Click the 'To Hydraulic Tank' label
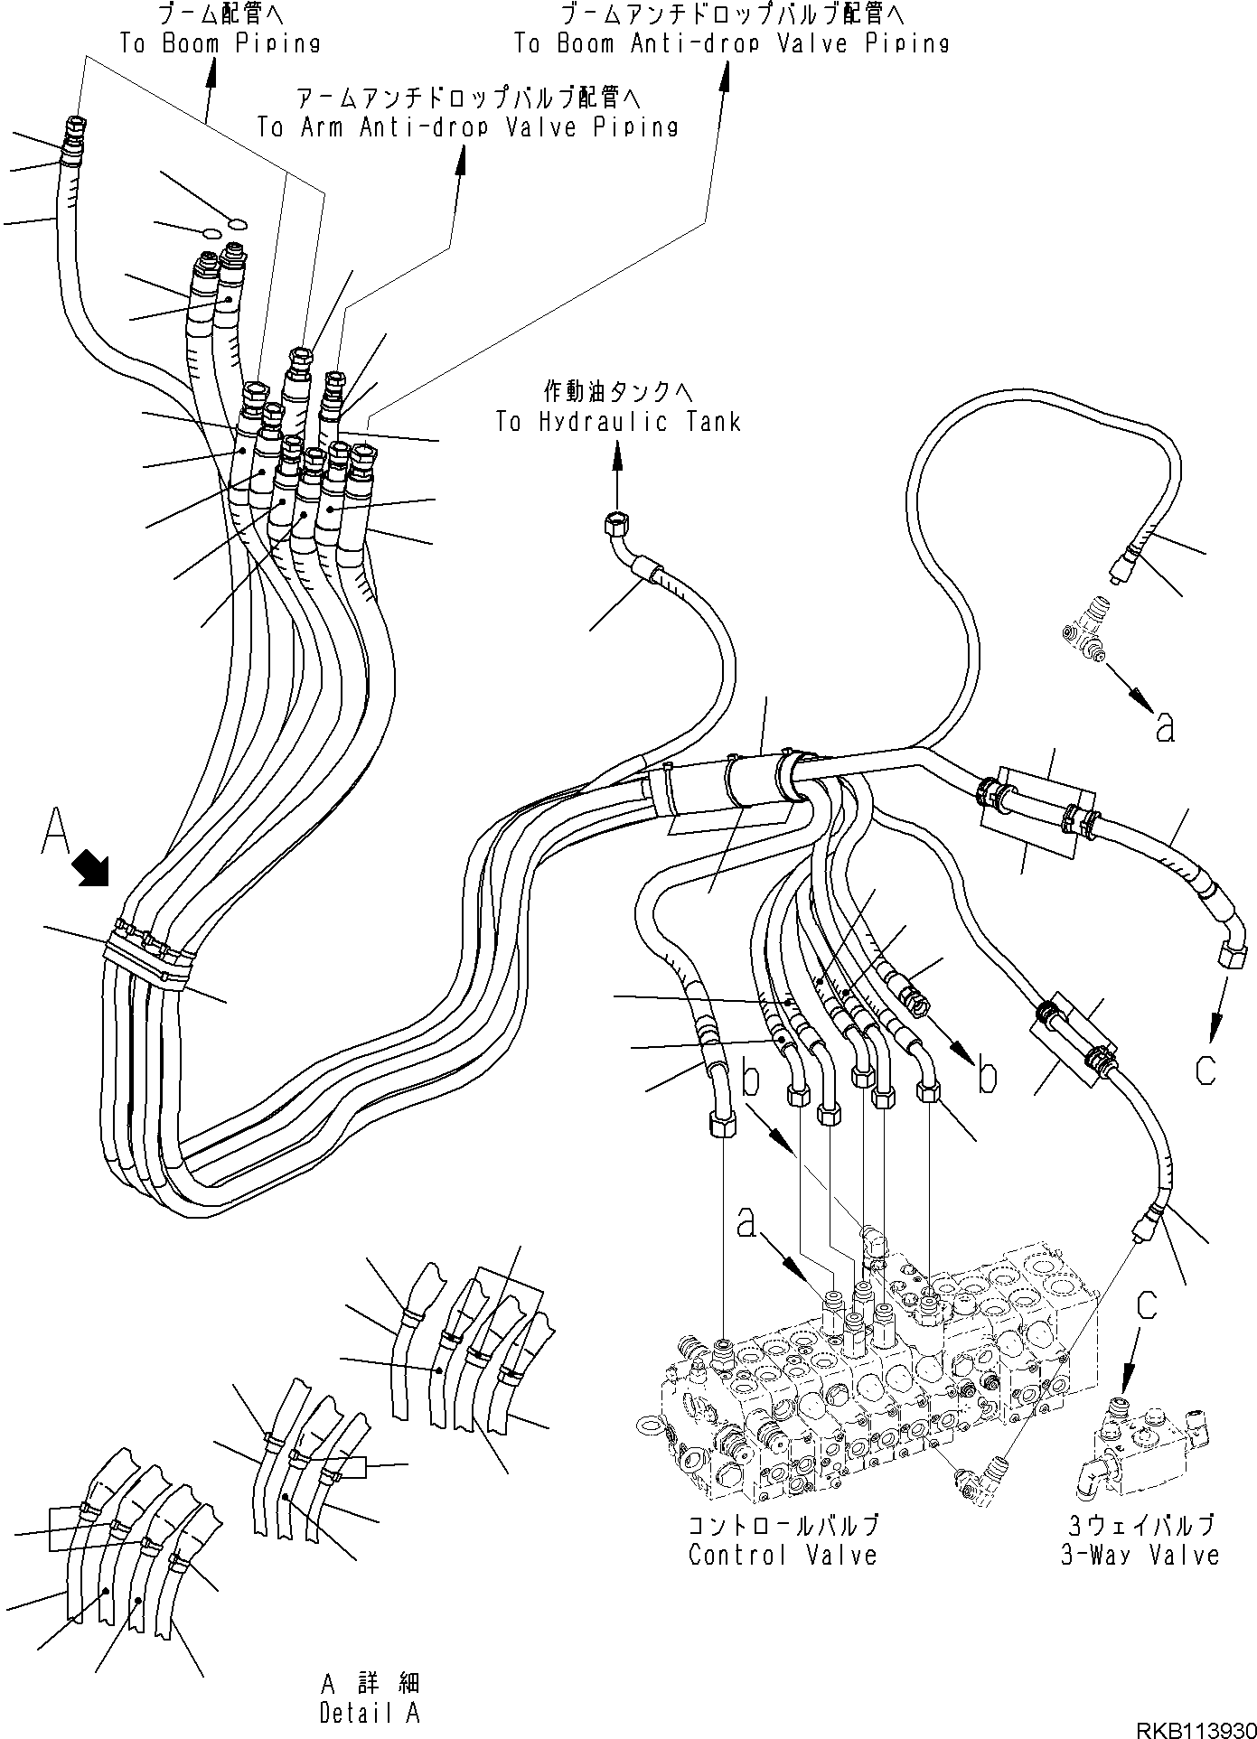click(x=618, y=422)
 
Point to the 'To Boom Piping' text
click(x=220, y=43)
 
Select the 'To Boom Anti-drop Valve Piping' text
click(x=732, y=43)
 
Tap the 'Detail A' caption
click(x=369, y=1712)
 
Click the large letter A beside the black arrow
click(x=55, y=832)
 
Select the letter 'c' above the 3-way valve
click(x=1147, y=1304)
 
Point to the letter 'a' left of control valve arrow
click(x=746, y=1224)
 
